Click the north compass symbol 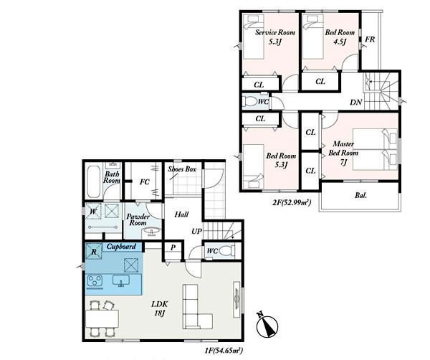click(267, 325)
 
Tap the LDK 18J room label click(159, 308)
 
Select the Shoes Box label click(182, 169)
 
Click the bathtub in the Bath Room click(93, 180)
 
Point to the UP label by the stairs click(196, 232)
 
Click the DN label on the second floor click(356, 103)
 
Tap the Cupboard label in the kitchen click(121, 247)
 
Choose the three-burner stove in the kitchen click(95, 280)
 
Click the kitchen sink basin click(121, 280)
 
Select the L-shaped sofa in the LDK click(197, 307)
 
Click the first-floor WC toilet click(227, 251)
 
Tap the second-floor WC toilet click(250, 102)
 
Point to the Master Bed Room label click(343, 148)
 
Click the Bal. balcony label click(360, 196)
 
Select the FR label click(370, 39)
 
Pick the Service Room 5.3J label click(275, 37)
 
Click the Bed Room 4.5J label click(340, 37)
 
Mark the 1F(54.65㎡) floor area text click(224, 351)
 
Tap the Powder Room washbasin click(151, 232)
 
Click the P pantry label click(173, 247)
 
